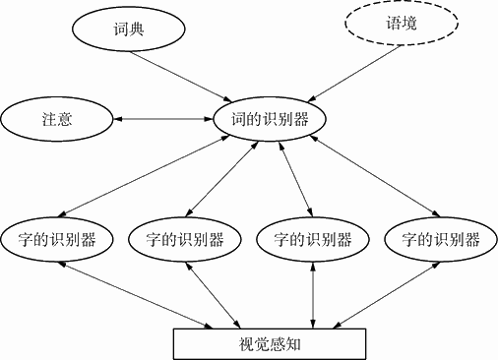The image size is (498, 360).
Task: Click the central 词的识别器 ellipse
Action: click(269, 120)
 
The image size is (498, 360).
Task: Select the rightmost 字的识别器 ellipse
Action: click(434, 239)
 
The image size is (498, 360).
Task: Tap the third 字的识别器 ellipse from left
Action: click(312, 239)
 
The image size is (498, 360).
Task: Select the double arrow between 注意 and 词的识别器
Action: click(162, 119)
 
